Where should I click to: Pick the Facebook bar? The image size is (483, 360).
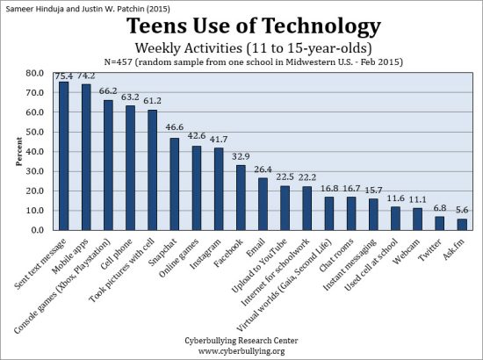click(x=241, y=197)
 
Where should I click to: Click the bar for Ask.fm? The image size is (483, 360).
click(x=462, y=224)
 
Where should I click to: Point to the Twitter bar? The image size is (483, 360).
click(x=439, y=223)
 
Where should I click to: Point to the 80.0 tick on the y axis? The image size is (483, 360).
click(x=37, y=72)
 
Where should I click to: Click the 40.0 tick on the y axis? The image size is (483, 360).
click(x=37, y=151)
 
